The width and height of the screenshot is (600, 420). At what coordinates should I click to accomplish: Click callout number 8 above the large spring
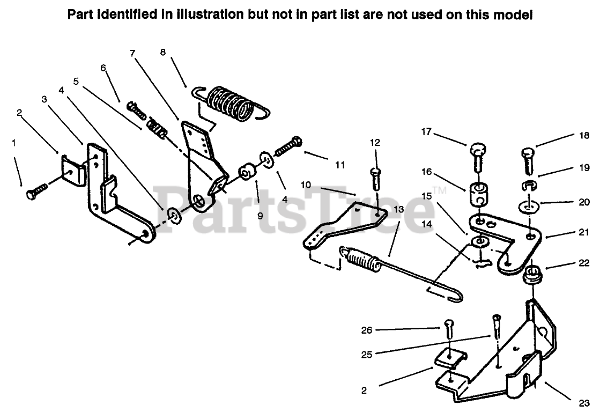pyautogui.click(x=163, y=52)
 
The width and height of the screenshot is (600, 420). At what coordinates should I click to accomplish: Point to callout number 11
pyautogui.click(x=339, y=165)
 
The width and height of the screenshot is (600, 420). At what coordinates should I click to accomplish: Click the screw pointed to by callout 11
pyautogui.click(x=290, y=146)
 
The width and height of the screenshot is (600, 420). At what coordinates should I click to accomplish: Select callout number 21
pyautogui.click(x=584, y=233)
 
